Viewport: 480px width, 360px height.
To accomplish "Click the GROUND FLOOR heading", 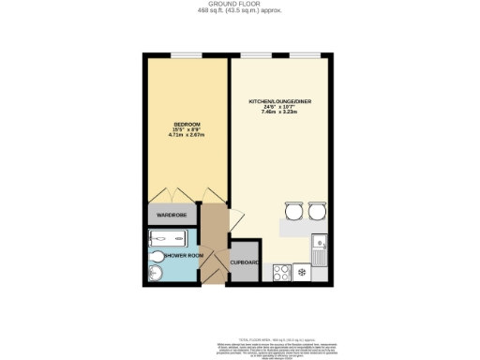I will pyautogui.click(x=240, y=5).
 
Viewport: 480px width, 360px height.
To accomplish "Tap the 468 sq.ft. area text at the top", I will pyautogui.click(x=240, y=12).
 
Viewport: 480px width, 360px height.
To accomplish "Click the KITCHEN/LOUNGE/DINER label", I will pyautogui.click(x=278, y=99).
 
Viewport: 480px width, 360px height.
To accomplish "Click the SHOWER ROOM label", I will pyautogui.click(x=185, y=255).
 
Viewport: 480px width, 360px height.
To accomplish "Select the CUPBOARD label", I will pyautogui.click(x=246, y=262).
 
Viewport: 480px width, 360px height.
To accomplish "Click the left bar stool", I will pyautogui.click(x=292, y=211).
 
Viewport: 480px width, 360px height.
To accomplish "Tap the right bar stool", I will pyautogui.click(x=316, y=211).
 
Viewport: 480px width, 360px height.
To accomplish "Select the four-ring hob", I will pyautogui.click(x=280, y=272).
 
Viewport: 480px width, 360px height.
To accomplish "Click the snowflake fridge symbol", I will pyautogui.click(x=304, y=272).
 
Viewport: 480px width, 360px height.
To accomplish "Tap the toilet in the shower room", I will pyautogui.click(x=156, y=274).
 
